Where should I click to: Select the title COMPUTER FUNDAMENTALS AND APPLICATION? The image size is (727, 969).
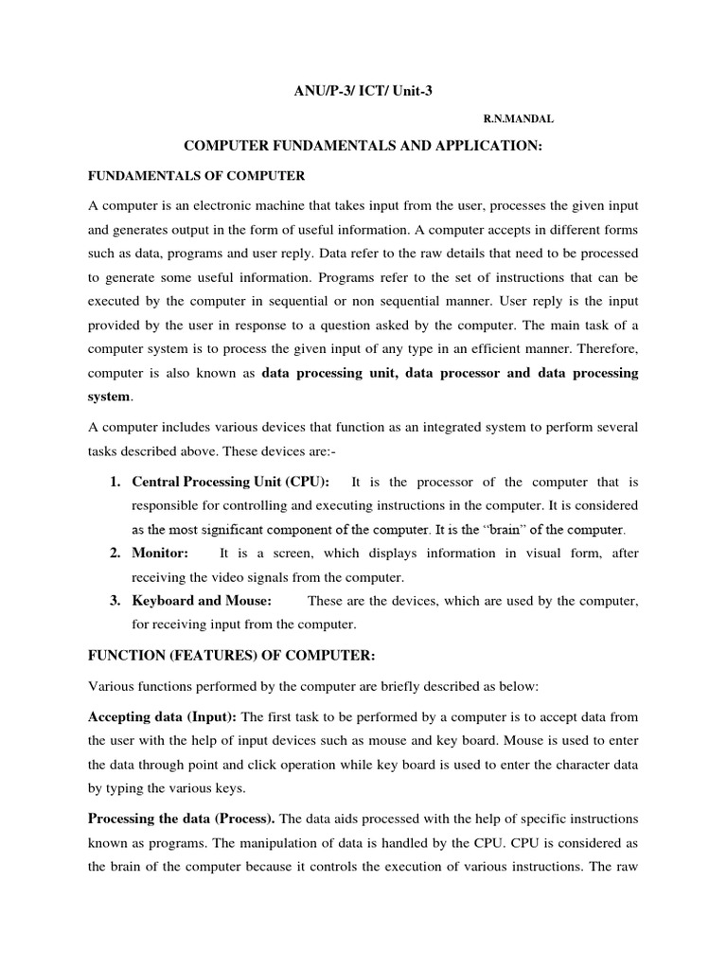(363, 147)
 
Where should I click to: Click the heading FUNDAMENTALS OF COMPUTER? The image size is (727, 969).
(197, 176)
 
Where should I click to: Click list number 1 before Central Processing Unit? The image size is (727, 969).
(114, 483)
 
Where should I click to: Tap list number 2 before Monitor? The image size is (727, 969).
(114, 553)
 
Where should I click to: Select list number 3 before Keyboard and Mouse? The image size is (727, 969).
(114, 601)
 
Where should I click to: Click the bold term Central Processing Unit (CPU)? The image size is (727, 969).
(230, 483)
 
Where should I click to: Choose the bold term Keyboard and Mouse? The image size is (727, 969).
(202, 601)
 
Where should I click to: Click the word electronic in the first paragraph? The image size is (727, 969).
(235, 205)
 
